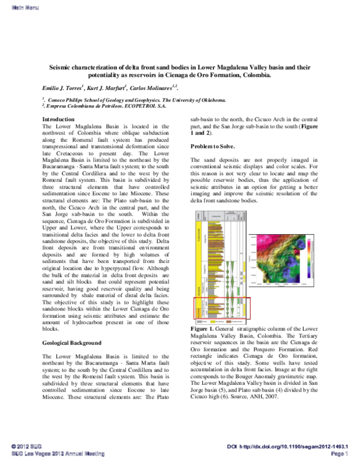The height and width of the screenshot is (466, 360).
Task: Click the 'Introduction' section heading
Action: pos(58,120)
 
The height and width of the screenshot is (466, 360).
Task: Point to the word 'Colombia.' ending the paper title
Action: pos(287,76)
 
